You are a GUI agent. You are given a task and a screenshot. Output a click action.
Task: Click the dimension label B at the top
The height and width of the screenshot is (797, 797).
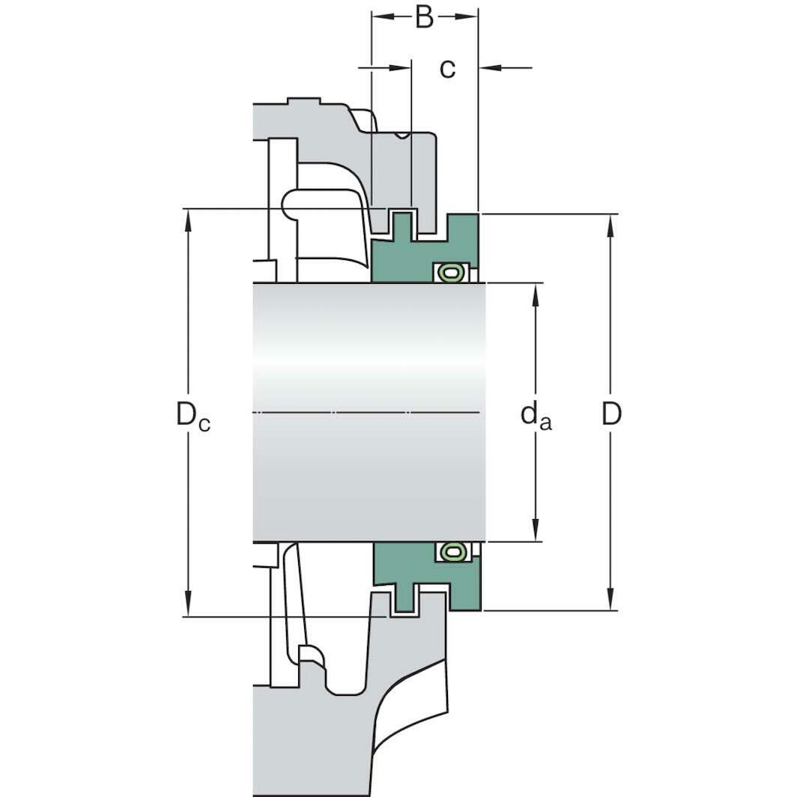pos(424,16)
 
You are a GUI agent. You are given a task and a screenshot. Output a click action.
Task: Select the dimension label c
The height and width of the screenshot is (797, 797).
pos(447,68)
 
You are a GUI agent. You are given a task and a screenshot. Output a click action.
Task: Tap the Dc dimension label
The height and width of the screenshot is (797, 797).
pos(193,413)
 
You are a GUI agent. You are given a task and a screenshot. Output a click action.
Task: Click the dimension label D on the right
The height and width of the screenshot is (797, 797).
pos(611,413)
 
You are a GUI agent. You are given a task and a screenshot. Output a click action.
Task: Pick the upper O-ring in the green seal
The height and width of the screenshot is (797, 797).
pos(449,273)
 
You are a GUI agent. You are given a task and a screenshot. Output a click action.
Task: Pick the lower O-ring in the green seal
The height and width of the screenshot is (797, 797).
pos(449,551)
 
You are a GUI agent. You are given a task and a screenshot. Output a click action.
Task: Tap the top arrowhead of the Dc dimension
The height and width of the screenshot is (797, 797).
pos(187,219)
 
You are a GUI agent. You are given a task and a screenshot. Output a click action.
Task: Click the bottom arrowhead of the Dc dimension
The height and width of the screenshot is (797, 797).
pos(187,606)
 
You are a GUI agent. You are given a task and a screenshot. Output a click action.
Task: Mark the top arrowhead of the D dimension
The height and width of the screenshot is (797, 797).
pos(610,225)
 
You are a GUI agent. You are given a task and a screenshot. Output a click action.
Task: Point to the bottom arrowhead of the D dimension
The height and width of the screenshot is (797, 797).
pos(610,600)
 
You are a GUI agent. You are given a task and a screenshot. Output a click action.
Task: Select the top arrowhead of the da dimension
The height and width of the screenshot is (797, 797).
pos(536,294)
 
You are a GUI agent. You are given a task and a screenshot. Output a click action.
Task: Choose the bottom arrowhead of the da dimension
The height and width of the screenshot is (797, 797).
pos(536,530)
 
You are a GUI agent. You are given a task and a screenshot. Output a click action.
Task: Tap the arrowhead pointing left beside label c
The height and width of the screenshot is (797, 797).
pos(489,68)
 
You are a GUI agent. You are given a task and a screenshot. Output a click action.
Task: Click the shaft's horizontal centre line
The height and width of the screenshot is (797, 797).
pos(367,413)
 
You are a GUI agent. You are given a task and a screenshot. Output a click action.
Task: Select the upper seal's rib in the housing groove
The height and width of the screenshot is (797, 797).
pos(403,223)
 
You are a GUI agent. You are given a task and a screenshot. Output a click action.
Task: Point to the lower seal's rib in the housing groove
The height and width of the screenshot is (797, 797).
pos(403,601)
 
